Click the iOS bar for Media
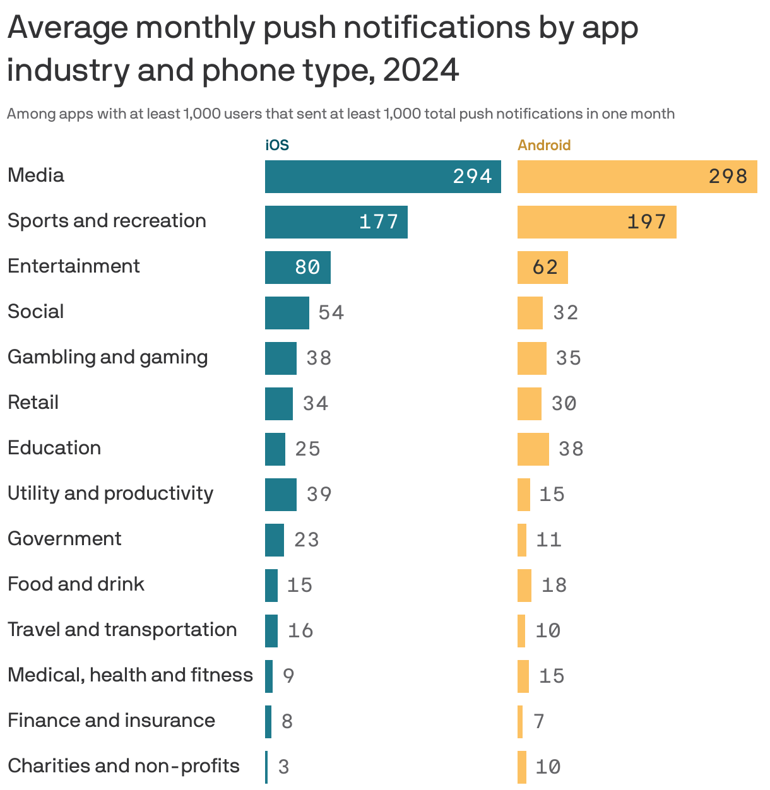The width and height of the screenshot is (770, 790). pos(382,177)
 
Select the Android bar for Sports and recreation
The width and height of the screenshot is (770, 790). pos(596,222)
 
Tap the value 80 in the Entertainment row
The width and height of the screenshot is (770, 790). pos(307,268)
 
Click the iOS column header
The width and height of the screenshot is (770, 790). pos(277,145)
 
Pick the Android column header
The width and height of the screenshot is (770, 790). pos(544,145)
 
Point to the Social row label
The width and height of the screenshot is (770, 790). pos(36,312)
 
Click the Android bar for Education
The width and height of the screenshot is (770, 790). pos(533,449)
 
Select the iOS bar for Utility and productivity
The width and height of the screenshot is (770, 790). pos(280,495)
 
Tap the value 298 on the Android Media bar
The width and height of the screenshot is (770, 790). pos(728,177)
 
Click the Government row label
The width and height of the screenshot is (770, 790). pos(64,539)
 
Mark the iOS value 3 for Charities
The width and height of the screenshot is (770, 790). pos(283,767)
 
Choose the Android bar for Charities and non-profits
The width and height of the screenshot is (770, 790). pos(522,767)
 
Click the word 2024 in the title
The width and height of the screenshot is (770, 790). pos(421,71)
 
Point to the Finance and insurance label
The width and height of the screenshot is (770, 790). pos(111,721)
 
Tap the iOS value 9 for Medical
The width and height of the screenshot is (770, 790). pos(288,676)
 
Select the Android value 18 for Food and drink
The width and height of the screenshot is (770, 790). pos(554,586)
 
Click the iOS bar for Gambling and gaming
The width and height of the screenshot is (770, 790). pos(280,358)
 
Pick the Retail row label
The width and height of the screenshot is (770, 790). pos(33,403)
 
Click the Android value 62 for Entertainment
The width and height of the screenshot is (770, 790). pos(545,268)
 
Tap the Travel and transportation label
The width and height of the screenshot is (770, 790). pos(122,630)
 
